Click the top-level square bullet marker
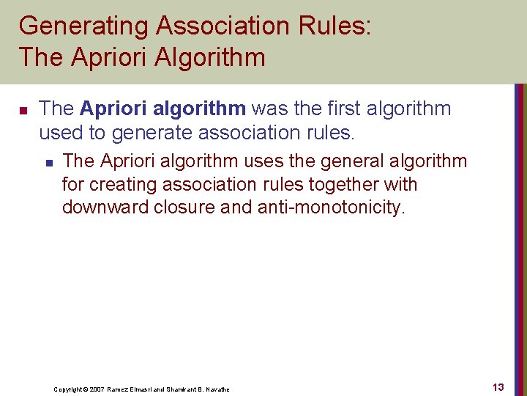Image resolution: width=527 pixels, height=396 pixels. click(23, 111)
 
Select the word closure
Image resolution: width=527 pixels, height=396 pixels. click(186, 208)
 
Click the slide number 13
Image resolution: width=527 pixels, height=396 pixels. click(498, 387)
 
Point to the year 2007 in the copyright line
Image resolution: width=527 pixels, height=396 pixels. click(94, 389)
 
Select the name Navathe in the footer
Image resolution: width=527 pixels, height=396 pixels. click(217, 389)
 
